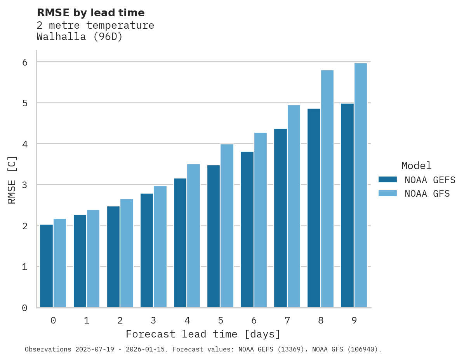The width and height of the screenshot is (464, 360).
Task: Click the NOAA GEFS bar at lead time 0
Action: [x=47, y=266]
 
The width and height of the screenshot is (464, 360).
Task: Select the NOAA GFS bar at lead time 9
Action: [x=361, y=185]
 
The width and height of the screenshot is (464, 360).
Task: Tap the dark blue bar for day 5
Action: [x=214, y=236]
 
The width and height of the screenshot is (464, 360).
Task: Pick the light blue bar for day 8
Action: [x=327, y=189]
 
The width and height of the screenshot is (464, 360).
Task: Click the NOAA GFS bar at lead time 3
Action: [x=160, y=247]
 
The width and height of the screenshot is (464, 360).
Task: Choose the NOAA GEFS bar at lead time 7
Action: [x=280, y=218]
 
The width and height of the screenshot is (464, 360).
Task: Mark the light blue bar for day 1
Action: [x=93, y=259]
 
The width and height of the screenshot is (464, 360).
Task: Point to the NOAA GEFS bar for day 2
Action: [x=113, y=257]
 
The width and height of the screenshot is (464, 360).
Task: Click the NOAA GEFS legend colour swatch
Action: [x=388, y=180]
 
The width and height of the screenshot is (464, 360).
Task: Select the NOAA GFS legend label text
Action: [x=427, y=194]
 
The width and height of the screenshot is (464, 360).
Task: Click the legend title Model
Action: [x=416, y=166]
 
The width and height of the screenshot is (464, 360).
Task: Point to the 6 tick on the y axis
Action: [x=25, y=62]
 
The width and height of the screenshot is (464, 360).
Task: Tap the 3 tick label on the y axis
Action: [x=25, y=185]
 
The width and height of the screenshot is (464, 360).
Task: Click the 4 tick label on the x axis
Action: [x=187, y=321]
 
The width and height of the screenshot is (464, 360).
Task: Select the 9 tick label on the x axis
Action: [x=354, y=321]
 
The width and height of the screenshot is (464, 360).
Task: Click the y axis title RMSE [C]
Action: [x=12, y=180]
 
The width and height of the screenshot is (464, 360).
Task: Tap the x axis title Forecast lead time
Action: [x=203, y=334]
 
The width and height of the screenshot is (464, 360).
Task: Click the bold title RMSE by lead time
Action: [x=90, y=13]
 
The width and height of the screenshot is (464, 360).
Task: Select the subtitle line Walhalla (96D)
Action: [x=80, y=37]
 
